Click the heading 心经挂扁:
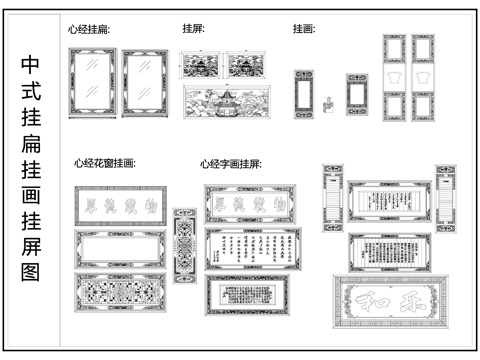[89, 30]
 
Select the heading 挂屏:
[193, 29]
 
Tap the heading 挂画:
[303, 29]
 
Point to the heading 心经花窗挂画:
[104, 162]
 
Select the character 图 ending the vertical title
[31, 270]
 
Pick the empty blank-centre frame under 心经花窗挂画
[118, 249]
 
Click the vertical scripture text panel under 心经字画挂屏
[251, 249]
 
